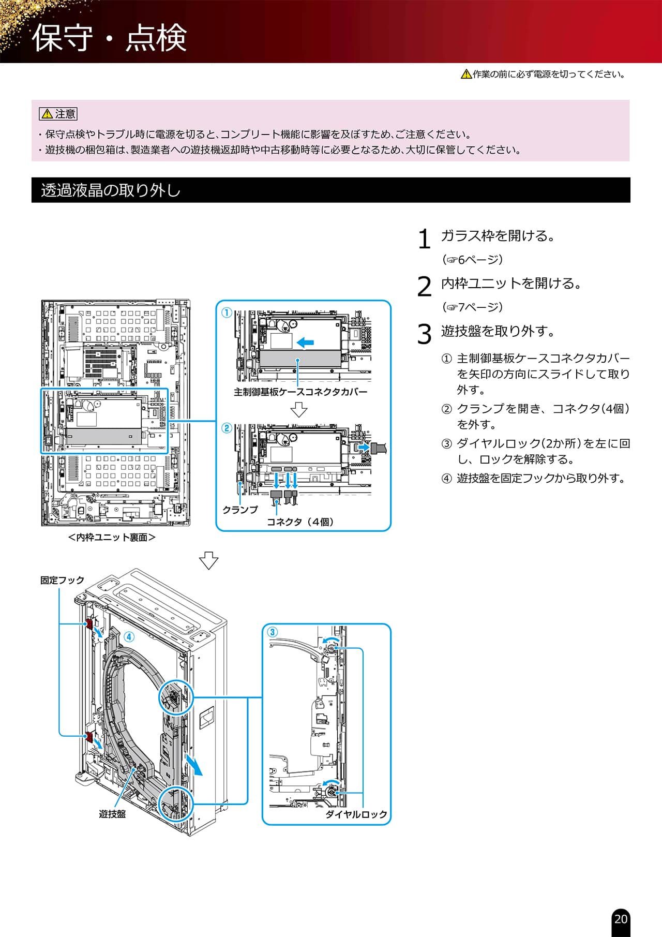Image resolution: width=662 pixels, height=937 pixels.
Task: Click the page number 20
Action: (x=621, y=919)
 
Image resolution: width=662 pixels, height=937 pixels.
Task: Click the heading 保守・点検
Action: (x=109, y=37)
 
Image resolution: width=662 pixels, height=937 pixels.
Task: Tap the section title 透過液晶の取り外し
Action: (x=111, y=190)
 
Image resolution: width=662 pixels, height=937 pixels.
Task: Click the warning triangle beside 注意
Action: (x=47, y=114)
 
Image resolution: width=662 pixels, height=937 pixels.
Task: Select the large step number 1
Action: (x=424, y=239)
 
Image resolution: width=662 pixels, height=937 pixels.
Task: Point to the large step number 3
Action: (x=424, y=334)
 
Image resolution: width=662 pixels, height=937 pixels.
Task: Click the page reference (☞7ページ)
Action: (x=472, y=307)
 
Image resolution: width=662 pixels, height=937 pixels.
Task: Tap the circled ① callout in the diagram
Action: (x=227, y=313)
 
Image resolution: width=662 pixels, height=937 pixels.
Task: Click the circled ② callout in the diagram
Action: (x=227, y=428)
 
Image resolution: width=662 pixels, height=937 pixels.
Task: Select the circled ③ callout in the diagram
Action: (x=272, y=632)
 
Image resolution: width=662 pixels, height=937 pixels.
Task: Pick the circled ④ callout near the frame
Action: (x=128, y=636)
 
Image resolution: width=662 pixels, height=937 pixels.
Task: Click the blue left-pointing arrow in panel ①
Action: (x=305, y=342)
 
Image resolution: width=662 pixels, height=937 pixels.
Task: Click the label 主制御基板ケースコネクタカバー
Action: (x=300, y=392)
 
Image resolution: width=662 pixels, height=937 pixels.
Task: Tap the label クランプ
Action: (x=240, y=510)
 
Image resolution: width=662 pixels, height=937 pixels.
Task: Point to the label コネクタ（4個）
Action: (x=300, y=522)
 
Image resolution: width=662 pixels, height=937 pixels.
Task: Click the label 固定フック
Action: (x=62, y=581)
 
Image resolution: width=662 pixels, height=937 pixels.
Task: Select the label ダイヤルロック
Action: (x=356, y=814)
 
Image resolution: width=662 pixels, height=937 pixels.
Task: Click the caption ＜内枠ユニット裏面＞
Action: (x=112, y=538)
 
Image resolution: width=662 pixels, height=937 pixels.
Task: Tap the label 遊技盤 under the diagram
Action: (x=112, y=814)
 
